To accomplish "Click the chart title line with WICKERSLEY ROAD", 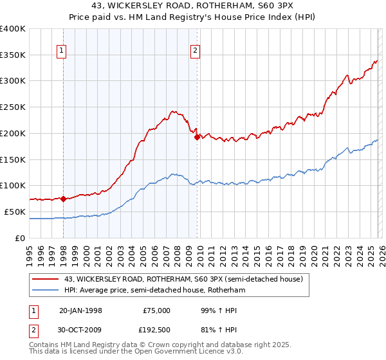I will (x=192, y=6).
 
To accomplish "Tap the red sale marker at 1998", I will (x=64, y=199).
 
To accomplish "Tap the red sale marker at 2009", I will (x=197, y=136).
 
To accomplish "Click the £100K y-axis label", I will (x=13, y=185).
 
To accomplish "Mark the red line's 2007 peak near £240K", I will (x=172, y=111).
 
